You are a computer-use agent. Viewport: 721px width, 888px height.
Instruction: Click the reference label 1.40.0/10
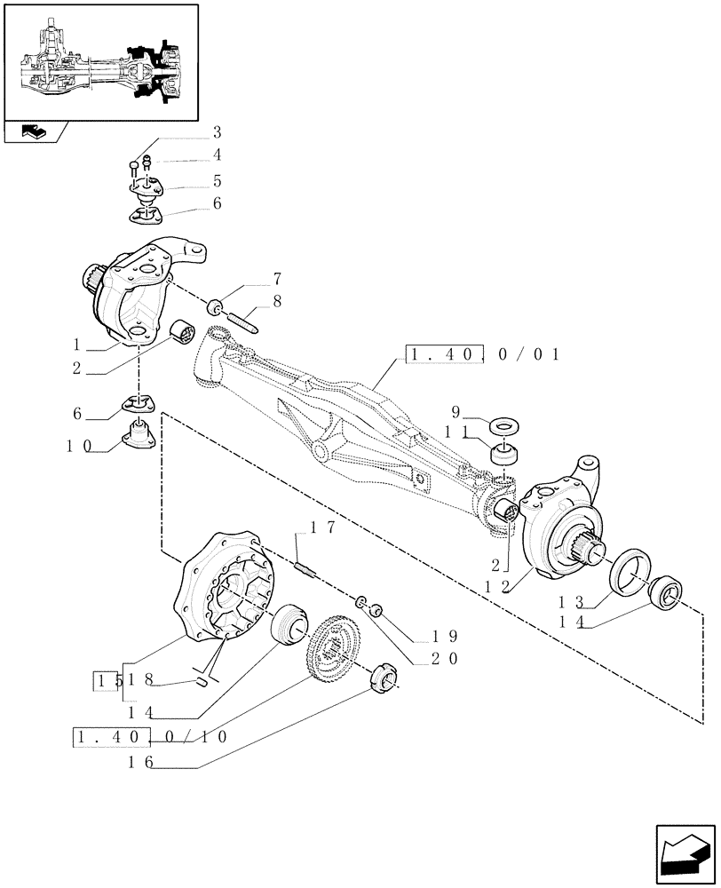pyautogui.click(x=153, y=736)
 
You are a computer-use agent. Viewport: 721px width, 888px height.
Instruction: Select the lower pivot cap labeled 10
pyautogui.click(x=139, y=436)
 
